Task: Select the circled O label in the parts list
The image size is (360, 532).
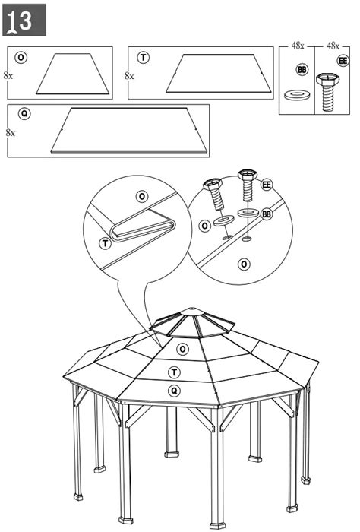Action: coord(21,58)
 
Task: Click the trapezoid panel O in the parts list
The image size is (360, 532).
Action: coord(73,74)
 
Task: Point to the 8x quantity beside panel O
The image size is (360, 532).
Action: coord(8,75)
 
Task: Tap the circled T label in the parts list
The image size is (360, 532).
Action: coord(143,58)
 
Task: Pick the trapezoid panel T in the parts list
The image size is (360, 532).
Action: coord(219,73)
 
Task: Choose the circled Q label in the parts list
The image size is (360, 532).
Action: coord(24,114)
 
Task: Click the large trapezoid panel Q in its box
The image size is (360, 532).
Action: coord(129,130)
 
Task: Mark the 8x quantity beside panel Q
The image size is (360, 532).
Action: coord(10,133)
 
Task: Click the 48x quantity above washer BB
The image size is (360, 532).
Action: coord(298,46)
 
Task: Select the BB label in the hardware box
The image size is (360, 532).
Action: coord(302,70)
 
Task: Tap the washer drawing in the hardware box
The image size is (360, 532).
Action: coord(297,95)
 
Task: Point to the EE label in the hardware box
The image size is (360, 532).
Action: coord(343,61)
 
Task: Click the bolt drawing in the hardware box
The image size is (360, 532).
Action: coord(327,92)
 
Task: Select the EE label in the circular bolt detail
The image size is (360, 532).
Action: coord(267,185)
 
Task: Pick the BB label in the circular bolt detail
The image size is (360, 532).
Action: coord(267,214)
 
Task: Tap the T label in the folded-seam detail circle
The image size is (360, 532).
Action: coord(106,243)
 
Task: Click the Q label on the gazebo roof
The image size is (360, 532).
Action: coord(174,391)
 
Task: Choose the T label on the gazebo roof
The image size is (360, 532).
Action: coord(174,372)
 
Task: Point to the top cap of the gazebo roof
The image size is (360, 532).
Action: coord(192,312)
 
